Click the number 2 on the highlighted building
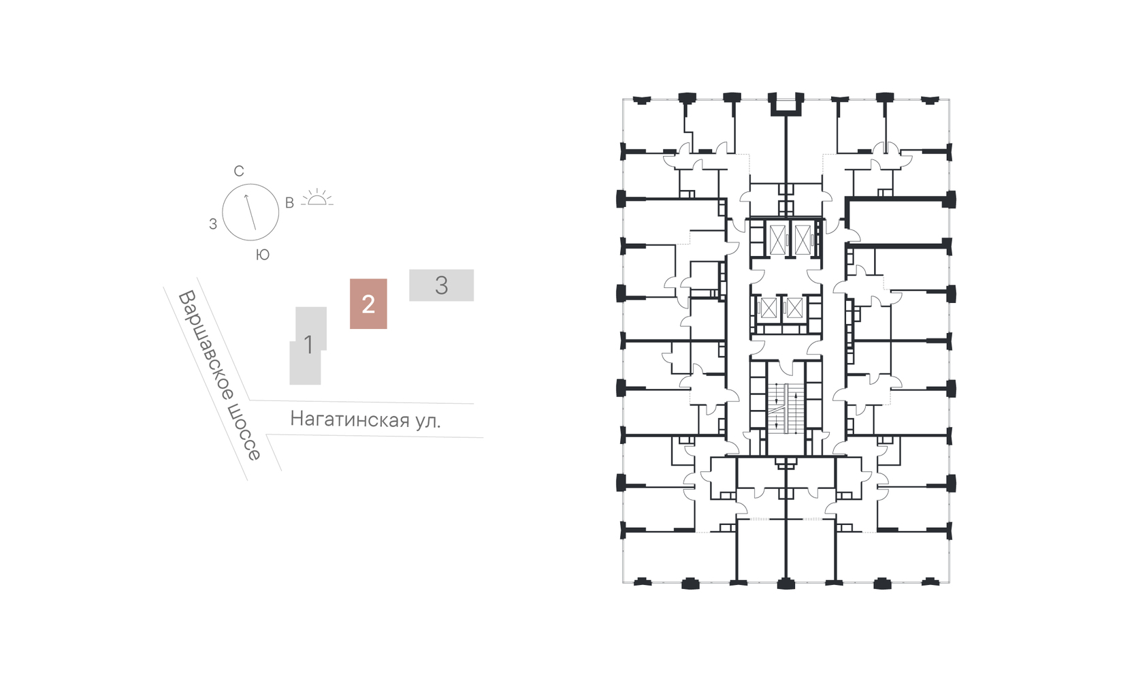tap(368, 304)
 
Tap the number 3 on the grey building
tap(441, 285)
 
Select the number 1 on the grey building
tap(308, 345)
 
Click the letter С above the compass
tap(239, 171)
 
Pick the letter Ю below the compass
tap(262, 255)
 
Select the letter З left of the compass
tap(213, 224)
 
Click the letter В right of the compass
tap(289, 203)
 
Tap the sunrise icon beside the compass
tap(318, 197)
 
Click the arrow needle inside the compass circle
tap(250, 212)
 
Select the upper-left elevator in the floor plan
tap(777, 239)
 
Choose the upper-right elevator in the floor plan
tap(803, 239)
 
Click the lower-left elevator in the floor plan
tap(768, 308)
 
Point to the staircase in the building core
tap(786, 408)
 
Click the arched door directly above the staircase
tap(786, 367)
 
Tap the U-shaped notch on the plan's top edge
tap(786, 103)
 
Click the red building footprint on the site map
tap(368, 304)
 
